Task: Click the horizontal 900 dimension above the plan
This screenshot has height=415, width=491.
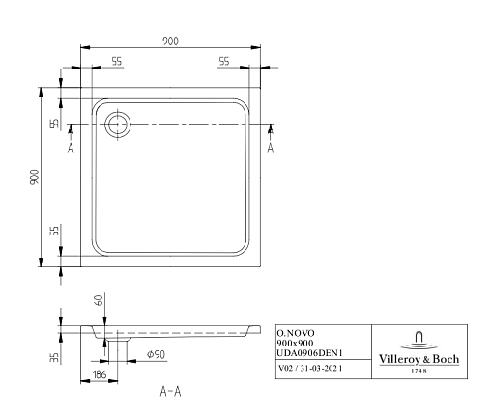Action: tap(170, 41)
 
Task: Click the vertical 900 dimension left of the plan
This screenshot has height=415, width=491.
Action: tap(34, 177)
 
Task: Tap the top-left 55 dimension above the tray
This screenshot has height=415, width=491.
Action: tap(117, 61)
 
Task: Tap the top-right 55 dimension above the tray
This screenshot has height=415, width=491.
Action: tap(224, 61)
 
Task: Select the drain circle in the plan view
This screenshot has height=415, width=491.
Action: tap(118, 124)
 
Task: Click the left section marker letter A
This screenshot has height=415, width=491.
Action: tap(71, 148)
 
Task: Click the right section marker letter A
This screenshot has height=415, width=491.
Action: tap(271, 148)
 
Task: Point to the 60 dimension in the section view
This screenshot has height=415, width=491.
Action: tap(100, 300)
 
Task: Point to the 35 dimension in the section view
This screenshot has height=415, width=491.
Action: tap(55, 357)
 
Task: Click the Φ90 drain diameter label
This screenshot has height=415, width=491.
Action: tap(156, 354)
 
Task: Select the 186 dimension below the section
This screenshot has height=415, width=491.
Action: tap(100, 374)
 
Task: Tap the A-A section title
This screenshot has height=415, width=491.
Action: tap(170, 392)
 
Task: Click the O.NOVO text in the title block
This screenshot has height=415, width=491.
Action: tap(296, 333)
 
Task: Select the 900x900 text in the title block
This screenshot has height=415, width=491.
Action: tap(295, 343)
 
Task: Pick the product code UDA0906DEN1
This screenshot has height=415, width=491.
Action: tap(309, 353)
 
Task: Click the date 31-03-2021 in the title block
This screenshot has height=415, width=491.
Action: tap(321, 368)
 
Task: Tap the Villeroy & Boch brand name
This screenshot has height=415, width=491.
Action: tap(419, 359)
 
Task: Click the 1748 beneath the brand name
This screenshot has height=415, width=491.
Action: tap(419, 371)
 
